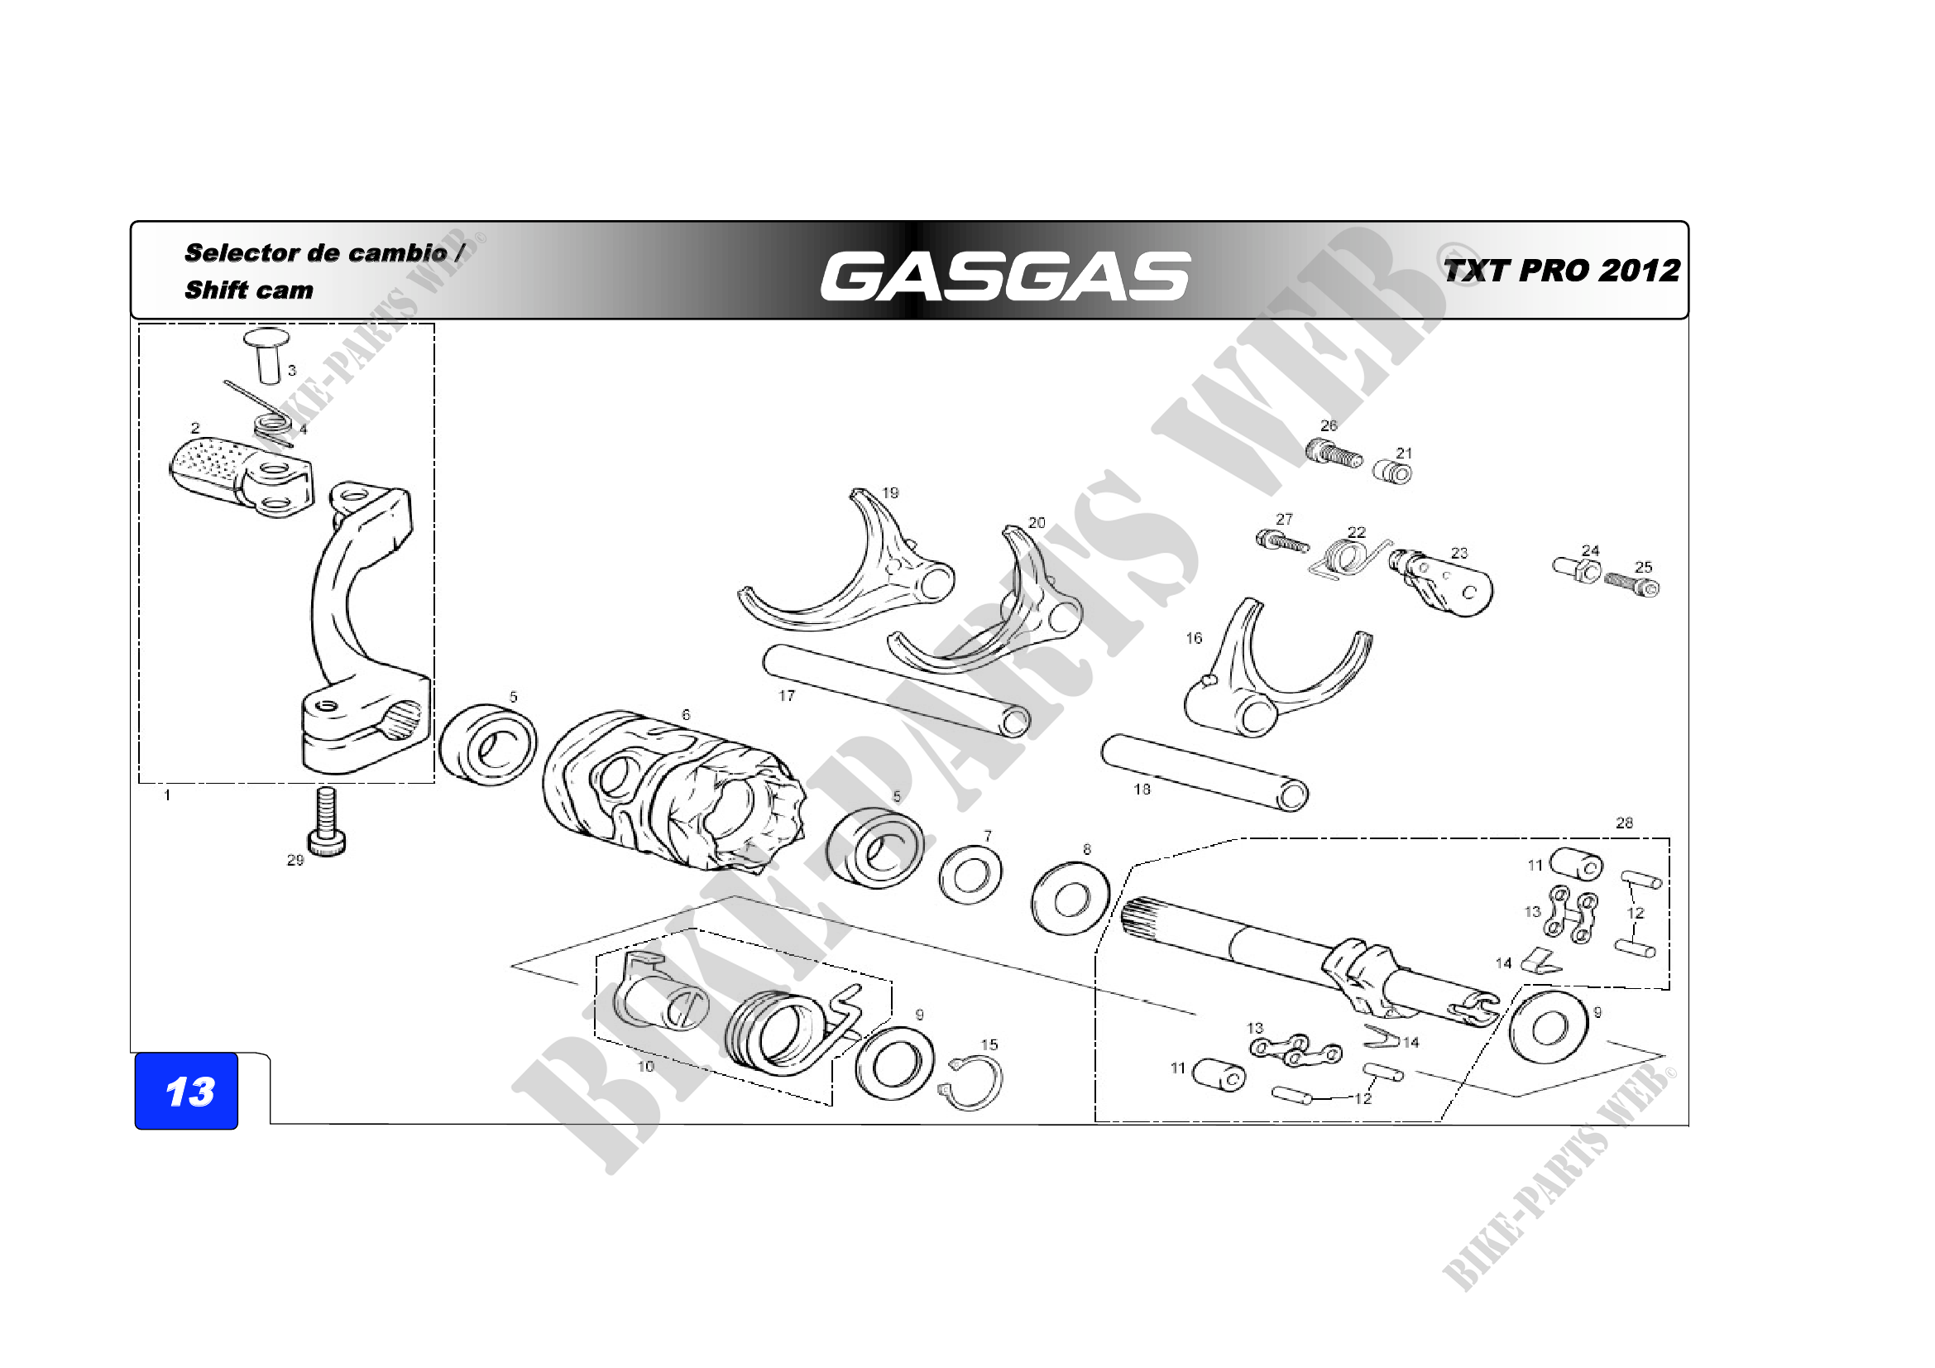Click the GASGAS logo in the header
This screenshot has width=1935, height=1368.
(1004, 276)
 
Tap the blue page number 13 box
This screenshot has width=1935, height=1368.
(187, 1092)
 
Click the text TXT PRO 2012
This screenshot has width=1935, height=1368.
(1562, 271)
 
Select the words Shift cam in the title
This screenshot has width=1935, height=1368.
(249, 290)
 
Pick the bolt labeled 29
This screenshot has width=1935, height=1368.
(326, 821)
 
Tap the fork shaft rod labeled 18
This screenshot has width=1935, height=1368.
(1205, 772)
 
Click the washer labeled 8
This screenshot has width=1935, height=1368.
(1070, 899)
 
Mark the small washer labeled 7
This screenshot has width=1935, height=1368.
(970, 874)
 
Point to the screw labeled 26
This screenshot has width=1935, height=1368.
(1334, 454)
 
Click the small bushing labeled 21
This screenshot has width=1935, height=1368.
(1393, 471)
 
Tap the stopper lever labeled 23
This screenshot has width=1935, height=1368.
(1445, 582)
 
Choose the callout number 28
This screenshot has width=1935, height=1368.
(1624, 823)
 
